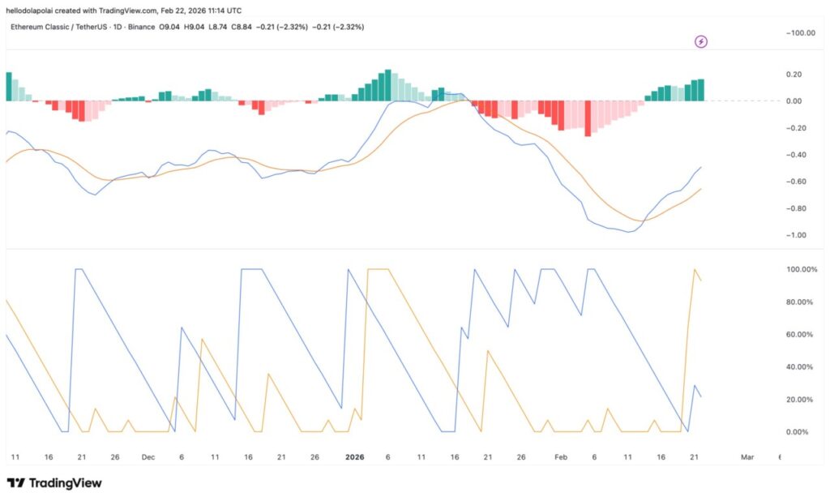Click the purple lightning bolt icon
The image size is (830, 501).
701,41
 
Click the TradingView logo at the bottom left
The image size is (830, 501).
54,483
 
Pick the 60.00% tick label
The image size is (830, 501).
800,334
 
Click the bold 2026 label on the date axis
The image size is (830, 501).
354,457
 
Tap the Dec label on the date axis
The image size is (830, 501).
148,457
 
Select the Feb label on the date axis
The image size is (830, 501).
561,457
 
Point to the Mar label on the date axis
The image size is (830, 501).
747,457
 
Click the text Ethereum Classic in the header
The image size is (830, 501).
40,27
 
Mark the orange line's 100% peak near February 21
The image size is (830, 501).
695,270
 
